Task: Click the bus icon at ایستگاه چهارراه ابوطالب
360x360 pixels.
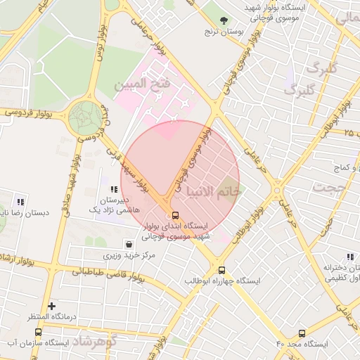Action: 221,270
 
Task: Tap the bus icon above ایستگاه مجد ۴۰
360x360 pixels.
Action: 302,333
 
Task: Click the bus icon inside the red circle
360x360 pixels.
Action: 174,216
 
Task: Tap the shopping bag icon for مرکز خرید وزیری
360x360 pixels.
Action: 129,245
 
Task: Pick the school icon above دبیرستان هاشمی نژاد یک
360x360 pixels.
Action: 113,189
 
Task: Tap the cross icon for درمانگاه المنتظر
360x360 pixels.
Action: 51,307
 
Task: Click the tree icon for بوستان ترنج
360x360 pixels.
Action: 224,20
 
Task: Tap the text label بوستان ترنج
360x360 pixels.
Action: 223,32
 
